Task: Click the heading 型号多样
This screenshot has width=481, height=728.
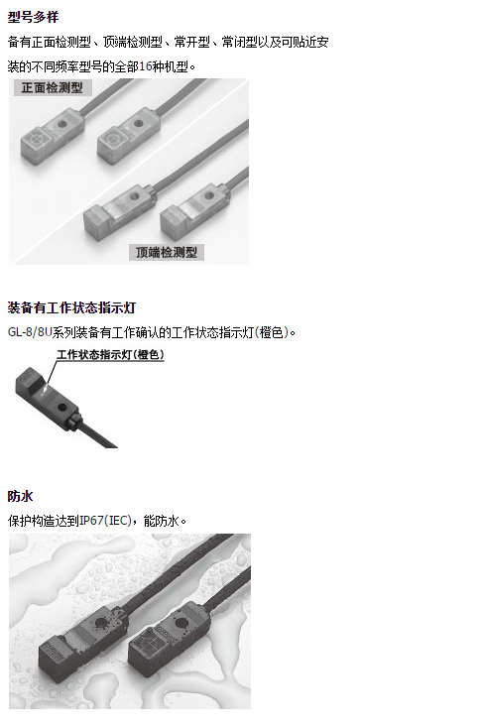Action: pos(34,17)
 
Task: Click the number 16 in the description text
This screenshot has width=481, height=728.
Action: pos(146,66)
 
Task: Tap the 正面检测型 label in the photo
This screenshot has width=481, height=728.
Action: pos(52,87)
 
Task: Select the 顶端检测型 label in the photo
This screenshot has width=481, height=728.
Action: pos(167,252)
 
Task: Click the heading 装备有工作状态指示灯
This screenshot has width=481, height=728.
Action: pos(71,307)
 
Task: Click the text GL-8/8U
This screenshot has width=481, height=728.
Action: pos(30,332)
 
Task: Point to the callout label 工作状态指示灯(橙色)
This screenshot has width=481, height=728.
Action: pos(110,355)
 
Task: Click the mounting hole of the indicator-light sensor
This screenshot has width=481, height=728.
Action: pos(61,408)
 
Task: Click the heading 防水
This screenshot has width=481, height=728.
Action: pos(21,496)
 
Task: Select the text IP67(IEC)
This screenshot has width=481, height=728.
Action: pos(106,521)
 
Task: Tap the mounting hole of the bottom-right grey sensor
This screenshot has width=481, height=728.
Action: pos(209,195)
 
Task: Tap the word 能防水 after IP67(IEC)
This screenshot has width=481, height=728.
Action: pos(161,521)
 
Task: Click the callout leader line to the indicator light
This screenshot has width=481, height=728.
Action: pos(52,373)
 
